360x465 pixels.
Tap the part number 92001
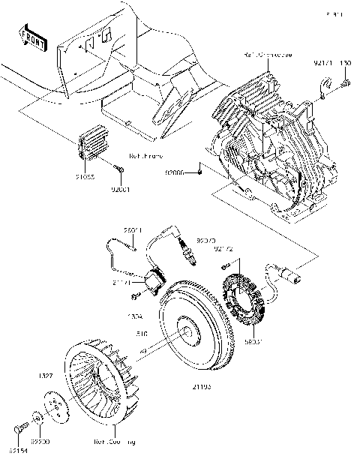(121, 190)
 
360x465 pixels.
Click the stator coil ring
(247, 301)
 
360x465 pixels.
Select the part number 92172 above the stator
(224, 248)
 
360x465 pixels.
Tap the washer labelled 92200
(37, 416)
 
